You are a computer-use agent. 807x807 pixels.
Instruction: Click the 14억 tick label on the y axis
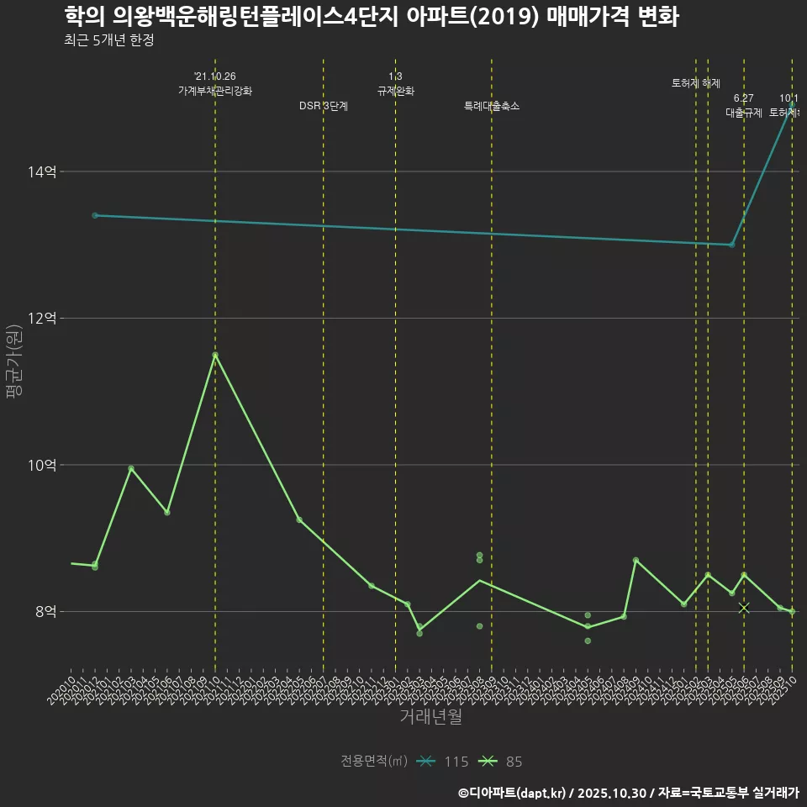tap(42, 171)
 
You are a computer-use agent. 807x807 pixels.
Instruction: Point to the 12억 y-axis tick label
tap(42, 319)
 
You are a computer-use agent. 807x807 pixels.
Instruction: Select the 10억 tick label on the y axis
tap(42, 465)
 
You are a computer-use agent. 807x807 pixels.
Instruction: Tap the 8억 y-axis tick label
tap(45, 611)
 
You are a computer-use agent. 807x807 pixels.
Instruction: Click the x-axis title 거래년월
tap(430, 717)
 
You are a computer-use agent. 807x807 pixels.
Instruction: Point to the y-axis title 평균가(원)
tap(15, 362)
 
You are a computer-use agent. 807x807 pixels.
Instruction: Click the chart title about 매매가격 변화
tap(371, 16)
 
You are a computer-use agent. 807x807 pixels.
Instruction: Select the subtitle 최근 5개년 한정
tap(108, 40)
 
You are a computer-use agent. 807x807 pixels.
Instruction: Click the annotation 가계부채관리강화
tap(215, 91)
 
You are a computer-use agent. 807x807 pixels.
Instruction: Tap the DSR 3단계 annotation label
tap(324, 106)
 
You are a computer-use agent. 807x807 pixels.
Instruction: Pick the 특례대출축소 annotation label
tap(492, 106)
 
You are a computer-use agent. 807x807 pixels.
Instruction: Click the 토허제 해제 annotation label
tap(696, 83)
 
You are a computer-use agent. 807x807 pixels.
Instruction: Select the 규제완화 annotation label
tap(395, 91)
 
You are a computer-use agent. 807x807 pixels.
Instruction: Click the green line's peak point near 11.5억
tap(215, 355)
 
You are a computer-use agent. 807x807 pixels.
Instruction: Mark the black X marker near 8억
tap(744, 608)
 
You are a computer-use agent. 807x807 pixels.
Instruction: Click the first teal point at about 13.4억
tap(95, 215)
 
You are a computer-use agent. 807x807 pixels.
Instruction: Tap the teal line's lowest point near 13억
tap(731, 245)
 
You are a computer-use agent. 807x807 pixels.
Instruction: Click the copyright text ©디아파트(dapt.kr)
tap(514, 793)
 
